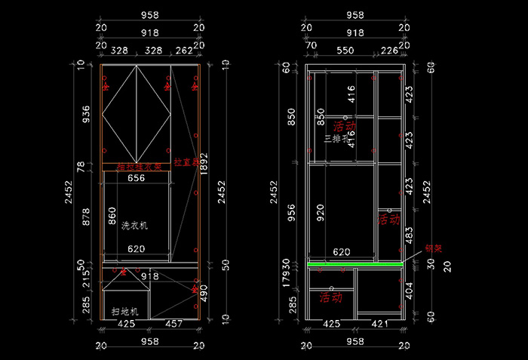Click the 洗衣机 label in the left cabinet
(x=135, y=226)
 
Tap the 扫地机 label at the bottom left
(x=124, y=311)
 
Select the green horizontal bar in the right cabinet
(x=355, y=264)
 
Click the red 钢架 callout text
(x=433, y=247)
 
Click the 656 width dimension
(x=136, y=179)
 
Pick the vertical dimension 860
(x=113, y=217)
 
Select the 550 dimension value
(x=345, y=51)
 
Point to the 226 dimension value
(x=389, y=51)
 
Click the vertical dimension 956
(x=294, y=214)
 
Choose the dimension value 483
(x=409, y=235)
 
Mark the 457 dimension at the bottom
(x=173, y=325)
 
